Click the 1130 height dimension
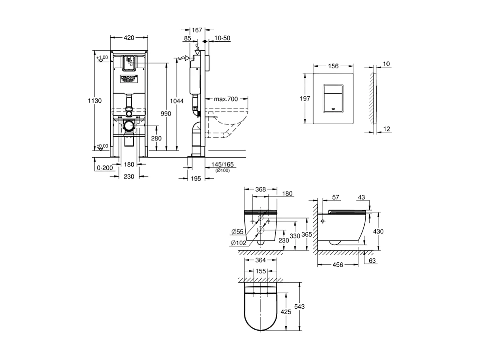95,101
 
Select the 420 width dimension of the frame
129,38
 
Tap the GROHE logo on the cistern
129,78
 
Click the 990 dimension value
165,114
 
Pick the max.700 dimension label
226,99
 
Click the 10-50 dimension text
222,38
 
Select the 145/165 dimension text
223,164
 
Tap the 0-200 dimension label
105,167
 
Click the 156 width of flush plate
334,66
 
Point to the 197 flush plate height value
305,99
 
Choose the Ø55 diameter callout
238,231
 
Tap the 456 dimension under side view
338,265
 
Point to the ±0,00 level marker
102,146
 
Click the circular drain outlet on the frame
129,126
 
